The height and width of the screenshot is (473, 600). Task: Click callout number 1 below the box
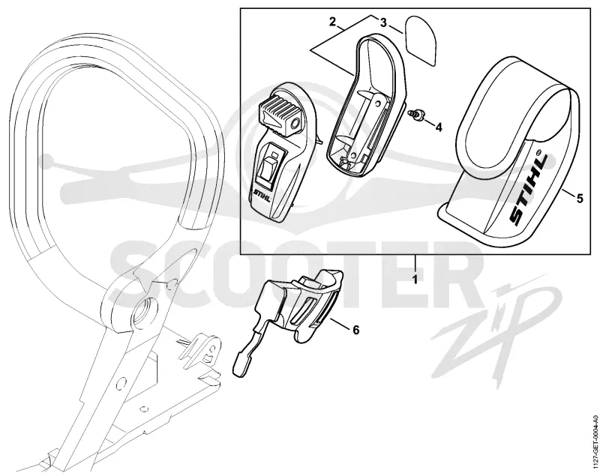click(415, 279)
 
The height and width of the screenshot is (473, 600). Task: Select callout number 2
click(332, 21)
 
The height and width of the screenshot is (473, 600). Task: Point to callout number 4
click(439, 127)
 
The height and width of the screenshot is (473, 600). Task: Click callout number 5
click(580, 199)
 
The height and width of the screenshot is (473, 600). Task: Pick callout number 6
click(355, 330)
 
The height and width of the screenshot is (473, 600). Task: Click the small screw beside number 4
click(414, 115)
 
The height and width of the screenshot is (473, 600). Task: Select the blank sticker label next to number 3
click(421, 39)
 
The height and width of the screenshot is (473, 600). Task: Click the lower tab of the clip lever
click(241, 364)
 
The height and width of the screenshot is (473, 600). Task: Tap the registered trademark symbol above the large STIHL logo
click(540, 151)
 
